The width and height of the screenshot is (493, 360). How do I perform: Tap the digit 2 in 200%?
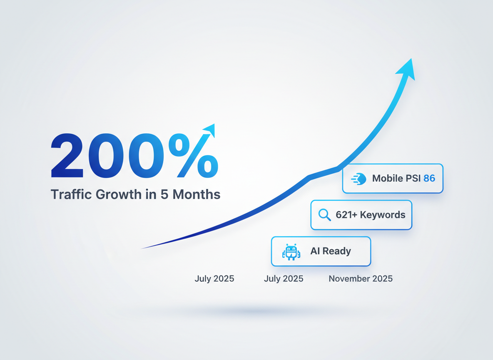point(67,155)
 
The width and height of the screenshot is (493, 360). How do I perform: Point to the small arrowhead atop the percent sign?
point(209,130)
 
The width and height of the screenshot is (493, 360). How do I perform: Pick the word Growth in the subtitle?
point(119,194)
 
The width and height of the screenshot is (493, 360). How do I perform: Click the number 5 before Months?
point(164,195)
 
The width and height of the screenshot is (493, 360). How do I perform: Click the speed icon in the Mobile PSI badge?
point(359,179)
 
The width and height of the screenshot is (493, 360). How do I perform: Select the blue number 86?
point(429,178)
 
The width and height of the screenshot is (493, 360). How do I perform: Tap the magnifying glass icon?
point(324,215)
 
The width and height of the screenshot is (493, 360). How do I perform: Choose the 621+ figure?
point(346,215)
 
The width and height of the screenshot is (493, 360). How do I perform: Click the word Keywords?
point(383,215)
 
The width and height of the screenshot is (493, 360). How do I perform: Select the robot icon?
point(291,252)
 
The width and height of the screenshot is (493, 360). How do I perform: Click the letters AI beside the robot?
point(315,251)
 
